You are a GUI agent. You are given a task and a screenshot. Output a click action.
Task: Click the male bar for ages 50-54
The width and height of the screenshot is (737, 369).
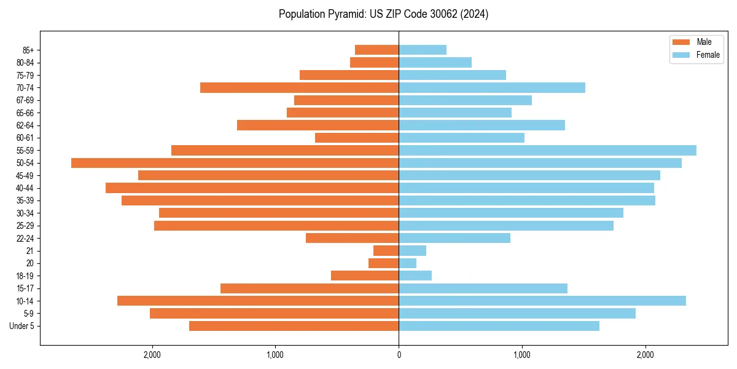pyautogui.click(x=235, y=163)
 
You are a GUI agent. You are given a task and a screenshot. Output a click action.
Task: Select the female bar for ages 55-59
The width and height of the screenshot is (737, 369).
pyautogui.click(x=547, y=151)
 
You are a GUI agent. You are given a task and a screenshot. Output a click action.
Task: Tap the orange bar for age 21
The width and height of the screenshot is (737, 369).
pyautogui.click(x=386, y=251)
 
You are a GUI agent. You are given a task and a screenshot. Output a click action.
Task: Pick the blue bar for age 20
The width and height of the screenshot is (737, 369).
pyautogui.click(x=407, y=263)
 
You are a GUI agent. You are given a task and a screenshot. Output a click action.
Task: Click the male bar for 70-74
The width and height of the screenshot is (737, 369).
pyautogui.click(x=299, y=88)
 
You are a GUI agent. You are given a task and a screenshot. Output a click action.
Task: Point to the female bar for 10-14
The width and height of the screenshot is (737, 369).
pyautogui.click(x=542, y=301)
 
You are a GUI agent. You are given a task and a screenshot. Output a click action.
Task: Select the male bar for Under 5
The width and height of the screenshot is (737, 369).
pyautogui.click(x=294, y=326)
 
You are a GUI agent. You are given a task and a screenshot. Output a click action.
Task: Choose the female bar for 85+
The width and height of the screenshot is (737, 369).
pyautogui.click(x=423, y=50)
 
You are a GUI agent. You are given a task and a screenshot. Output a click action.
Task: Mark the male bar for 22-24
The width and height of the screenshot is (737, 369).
pyautogui.click(x=352, y=238)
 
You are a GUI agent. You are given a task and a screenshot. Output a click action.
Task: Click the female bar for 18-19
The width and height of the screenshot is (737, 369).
pyautogui.click(x=415, y=276)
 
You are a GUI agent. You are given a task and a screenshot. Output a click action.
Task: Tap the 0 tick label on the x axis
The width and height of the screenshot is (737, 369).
pyautogui.click(x=399, y=355)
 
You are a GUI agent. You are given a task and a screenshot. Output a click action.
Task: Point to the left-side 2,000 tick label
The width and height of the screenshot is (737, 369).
pyautogui.click(x=152, y=355)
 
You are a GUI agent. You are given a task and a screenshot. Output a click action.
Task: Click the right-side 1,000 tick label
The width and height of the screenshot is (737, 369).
pyautogui.click(x=522, y=355)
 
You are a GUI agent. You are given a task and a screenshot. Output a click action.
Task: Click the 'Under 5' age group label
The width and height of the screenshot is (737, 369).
pyautogui.click(x=21, y=326)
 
